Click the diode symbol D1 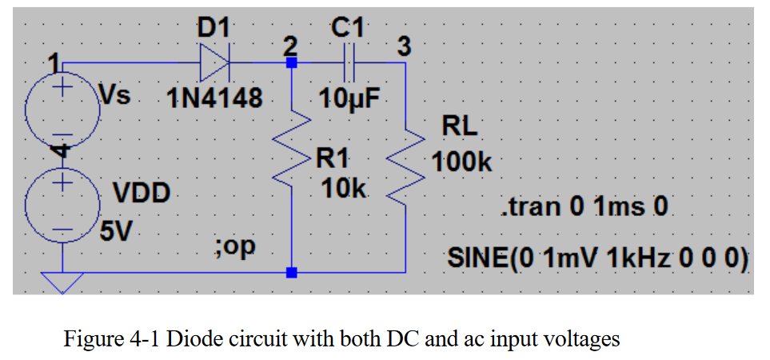(215, 62)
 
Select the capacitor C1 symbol (348, 62)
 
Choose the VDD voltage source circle (62, 200)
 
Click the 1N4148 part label (214, 99)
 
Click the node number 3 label (405, 47)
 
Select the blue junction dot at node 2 (292, 62)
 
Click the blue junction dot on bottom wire (292, 273)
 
